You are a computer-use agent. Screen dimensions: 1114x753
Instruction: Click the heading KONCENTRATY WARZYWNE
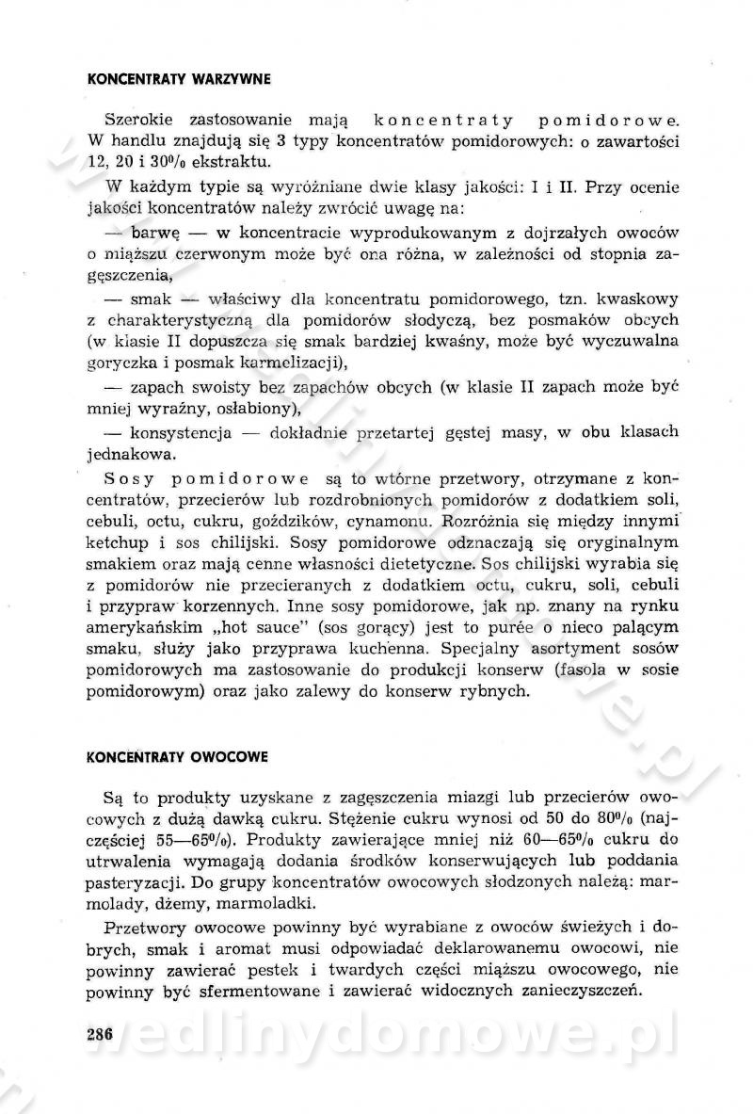tap(178, 80)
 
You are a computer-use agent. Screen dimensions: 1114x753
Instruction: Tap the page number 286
tap(98, 1033)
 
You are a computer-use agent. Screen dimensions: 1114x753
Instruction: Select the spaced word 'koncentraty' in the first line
tap(431, 121)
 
